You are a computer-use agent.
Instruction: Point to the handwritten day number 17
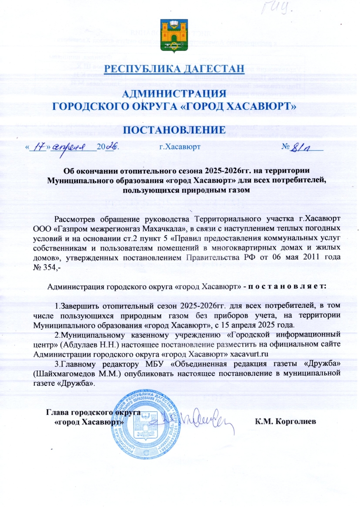(40, 147)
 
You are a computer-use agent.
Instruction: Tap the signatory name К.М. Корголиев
(286, 422)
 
